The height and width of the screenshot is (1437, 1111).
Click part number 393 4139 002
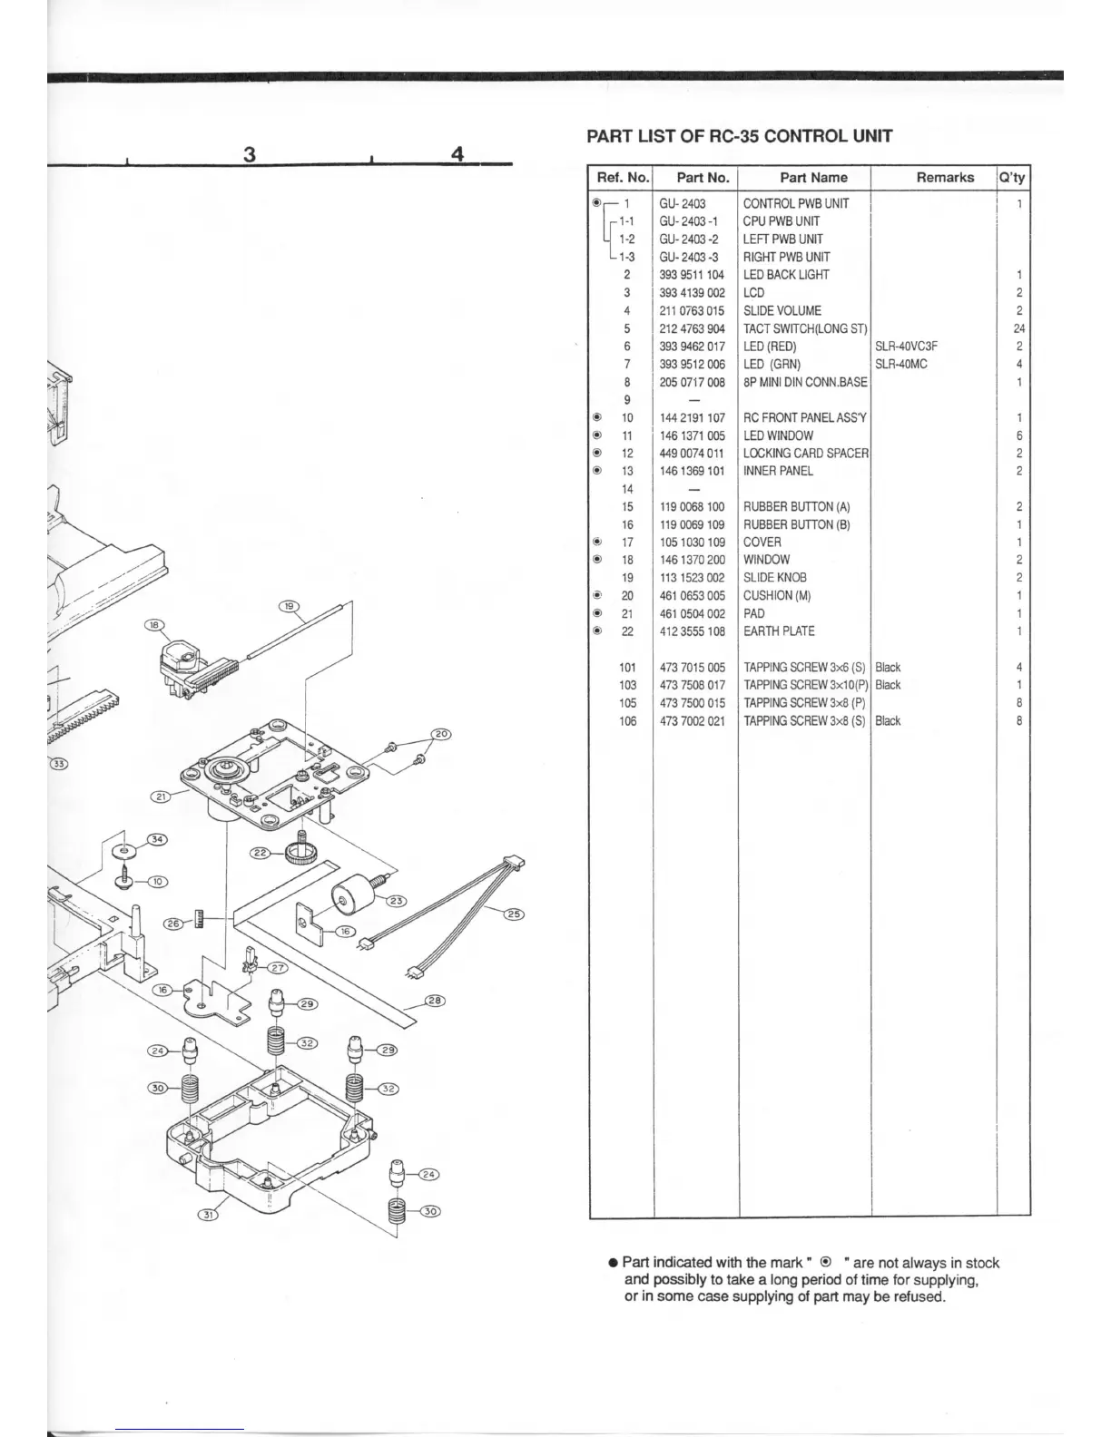pyautogui.click(x=692, y=293)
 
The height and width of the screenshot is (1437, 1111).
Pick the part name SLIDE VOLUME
pyautogui.click(x=782, y=310)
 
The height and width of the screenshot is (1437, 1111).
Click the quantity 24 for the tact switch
pyautogui.click(x=1018, y=328)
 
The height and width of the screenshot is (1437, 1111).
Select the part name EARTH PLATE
pyautogui.click(x=779, y=631)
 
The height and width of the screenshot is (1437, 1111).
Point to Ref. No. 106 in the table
pyautogui.click(x=627, y=721)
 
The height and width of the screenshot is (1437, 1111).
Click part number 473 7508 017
pyautogui.click(x=692, y=685)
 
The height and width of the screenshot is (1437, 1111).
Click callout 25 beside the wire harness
pyautogui.click(x=513, y=914)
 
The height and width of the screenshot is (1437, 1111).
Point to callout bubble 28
pyautogui.click(x=436, y=1002)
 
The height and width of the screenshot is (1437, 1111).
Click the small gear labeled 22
pyautogui.click(x=300, y=850)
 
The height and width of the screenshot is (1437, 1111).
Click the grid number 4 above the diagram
pyautogui.click(x=457, y=154)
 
